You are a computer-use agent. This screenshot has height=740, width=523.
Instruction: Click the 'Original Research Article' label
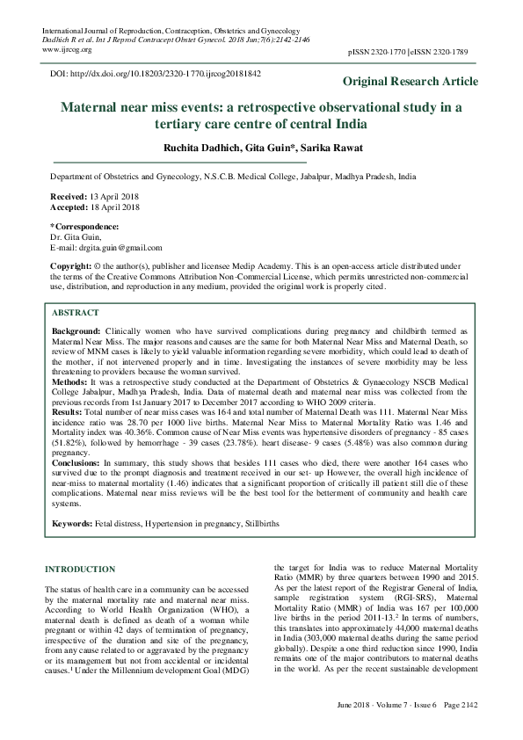click(x=410, y=82)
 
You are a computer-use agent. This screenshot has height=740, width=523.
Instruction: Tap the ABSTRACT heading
click(x=75, y=312)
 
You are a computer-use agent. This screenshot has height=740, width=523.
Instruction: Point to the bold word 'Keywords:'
click(x=73, y=523)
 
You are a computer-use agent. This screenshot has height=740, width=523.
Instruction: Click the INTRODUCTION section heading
click(x=80, y=570)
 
